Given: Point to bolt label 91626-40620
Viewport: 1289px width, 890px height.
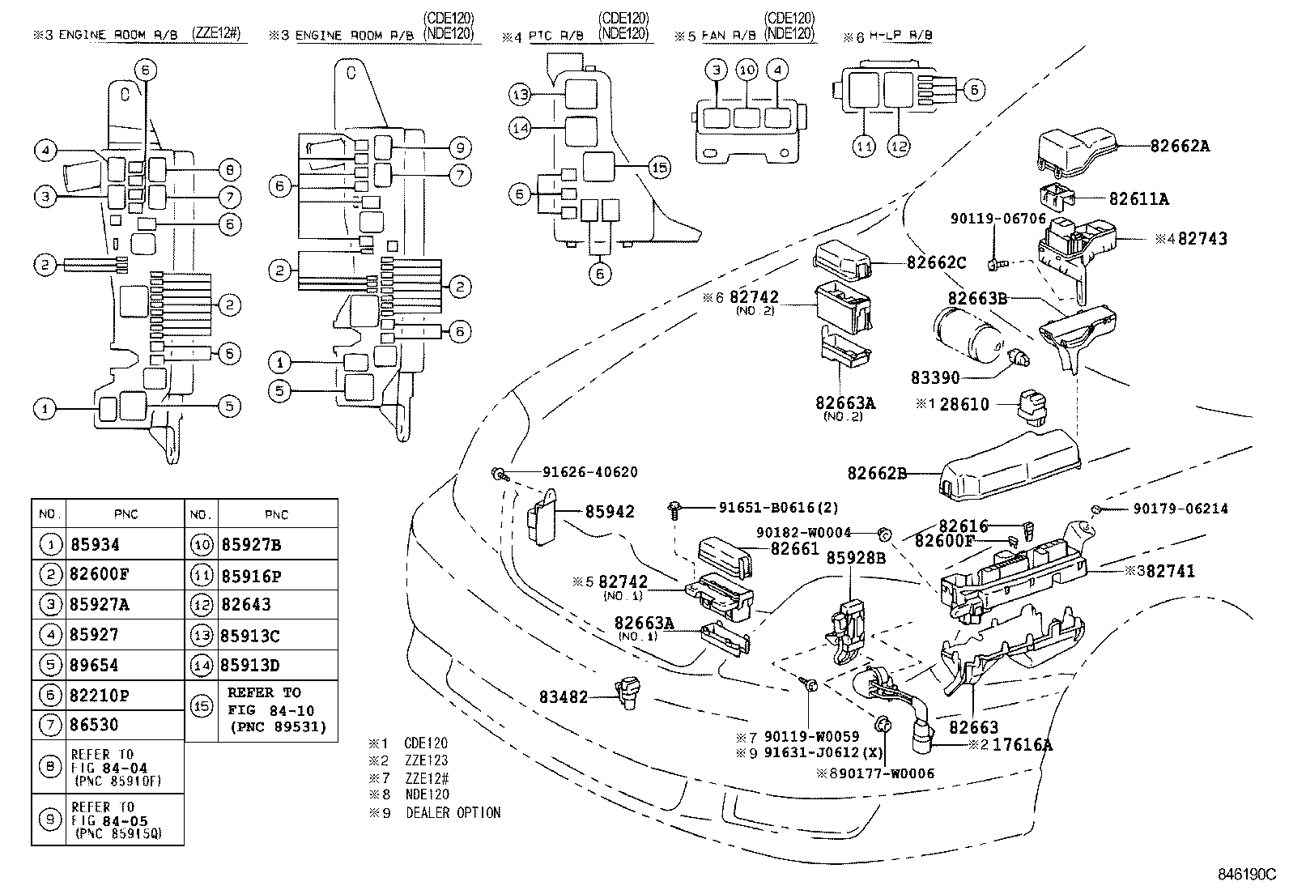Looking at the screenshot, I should (577, 472).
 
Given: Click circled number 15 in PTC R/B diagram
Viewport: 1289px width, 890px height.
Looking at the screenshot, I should (659, 168).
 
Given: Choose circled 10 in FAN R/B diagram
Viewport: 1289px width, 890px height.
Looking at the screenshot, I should (747, 70).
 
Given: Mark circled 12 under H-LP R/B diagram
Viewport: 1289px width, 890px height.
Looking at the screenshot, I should (900, 147).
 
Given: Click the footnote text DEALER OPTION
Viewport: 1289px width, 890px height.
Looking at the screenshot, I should (453, 812).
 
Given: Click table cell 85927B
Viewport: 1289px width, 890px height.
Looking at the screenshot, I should (250, 544).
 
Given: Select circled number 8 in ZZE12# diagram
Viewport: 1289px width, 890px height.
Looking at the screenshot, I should (230, 170).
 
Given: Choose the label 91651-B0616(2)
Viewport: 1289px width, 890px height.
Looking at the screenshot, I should (778, 508).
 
